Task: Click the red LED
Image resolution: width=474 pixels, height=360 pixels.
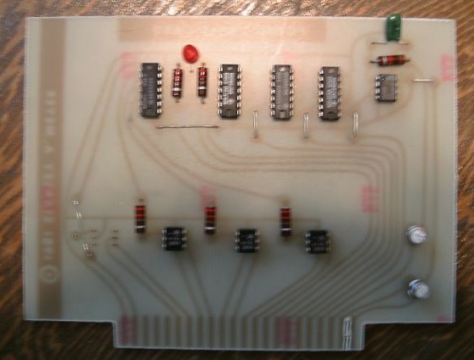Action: click(x=188, y=53)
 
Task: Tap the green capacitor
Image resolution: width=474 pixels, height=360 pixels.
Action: click(x=390, y=28)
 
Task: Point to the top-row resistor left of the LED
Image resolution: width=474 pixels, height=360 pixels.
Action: click(x=177, y=83)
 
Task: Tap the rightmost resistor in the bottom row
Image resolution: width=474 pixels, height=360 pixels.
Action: click(x=283, y=217)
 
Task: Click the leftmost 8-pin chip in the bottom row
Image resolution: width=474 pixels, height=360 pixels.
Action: click(x=173, y=237)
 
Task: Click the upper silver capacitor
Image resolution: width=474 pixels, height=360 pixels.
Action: click(x=415, y=234)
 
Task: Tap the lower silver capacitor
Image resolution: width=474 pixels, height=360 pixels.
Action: click(x=417, y=288)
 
